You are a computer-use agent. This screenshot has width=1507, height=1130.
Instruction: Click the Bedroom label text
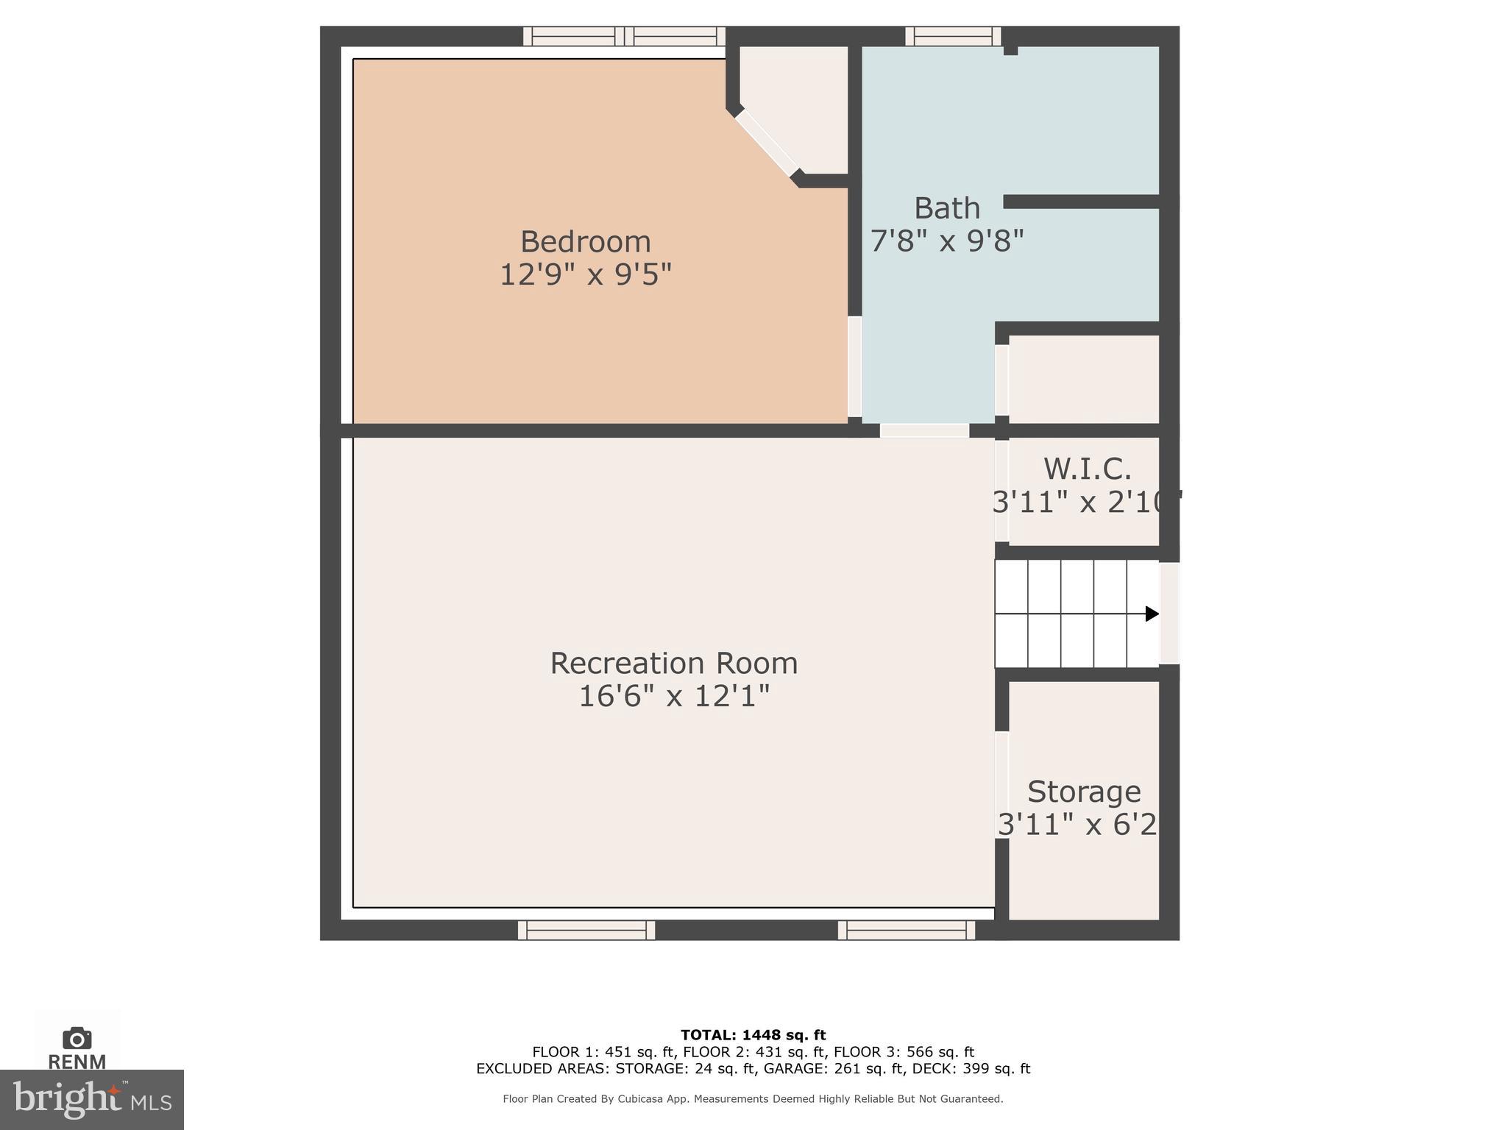pyautogui.click(x=585, y=242)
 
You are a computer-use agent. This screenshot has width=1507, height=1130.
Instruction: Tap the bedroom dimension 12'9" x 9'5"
pyautogui.click(x=585, y=275)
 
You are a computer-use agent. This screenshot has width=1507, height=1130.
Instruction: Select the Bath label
pyautogui.click(x=946, y=208)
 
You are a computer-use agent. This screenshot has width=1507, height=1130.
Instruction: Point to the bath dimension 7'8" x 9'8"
pyautogui.click(x=946, y=241)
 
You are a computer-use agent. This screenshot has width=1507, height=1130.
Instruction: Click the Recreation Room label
pyautogui.click(x=673, y=663)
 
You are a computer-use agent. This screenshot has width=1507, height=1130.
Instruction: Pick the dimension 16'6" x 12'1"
pyautogui.click(x=673, y=696)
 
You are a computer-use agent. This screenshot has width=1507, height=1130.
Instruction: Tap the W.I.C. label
pyautogui.click(x=1086, y=469)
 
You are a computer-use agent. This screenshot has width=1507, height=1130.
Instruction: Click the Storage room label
pyautogui.click(x=1083, y=792)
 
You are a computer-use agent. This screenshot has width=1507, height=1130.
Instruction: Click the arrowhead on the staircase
pyautogui.click(x=1152, y=614)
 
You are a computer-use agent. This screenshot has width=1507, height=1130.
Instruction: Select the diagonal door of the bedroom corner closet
pyautogui.click(x=767, y=143)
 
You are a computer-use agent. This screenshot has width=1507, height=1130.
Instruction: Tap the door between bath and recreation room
pyautogui.click(x=924, y=431)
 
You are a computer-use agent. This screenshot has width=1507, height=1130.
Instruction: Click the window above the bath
pyautogui.click(x=952, y=36)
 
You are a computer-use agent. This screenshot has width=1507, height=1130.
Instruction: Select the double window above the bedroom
pyautogui.click(x=624, y=36)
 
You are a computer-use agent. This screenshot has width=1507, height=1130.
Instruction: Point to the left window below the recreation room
pyautogui.click(x=586, y=930)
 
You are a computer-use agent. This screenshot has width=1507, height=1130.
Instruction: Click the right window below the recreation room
pyautogui.click(x=906, y=930)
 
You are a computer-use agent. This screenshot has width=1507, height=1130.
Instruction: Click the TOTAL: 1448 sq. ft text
pyautogui.click(x=753, y=1035)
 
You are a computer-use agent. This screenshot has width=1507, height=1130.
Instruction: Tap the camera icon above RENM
pyautogui.click(x=77, y=1038)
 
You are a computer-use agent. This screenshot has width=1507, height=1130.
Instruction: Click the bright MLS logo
pyautogui.click(x=91, y=1099)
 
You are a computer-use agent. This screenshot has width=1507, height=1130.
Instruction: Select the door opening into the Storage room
pyautogui.click(x=1001, y=784)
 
